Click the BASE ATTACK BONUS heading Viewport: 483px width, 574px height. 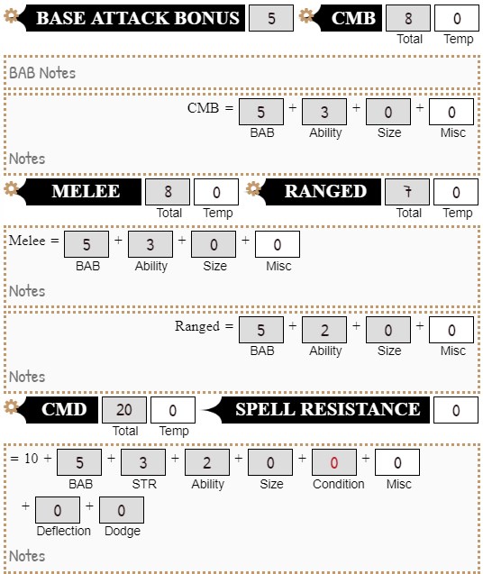click(x=138, y=18)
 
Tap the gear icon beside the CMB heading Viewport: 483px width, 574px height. click(x=307, y=16)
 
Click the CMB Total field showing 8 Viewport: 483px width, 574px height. click(x=408, y=18)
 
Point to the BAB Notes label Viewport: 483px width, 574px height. click(x=42, y=73)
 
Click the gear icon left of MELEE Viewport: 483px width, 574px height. click(x=12, y=189)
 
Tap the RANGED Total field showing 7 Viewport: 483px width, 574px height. click(x=407, y=192)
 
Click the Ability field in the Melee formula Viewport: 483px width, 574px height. click(x=150, y=245)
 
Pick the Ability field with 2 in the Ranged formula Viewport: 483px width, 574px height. click(x=324, y=330)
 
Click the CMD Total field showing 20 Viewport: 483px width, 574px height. click(x=124, y=410)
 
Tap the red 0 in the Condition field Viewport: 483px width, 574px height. click(x=334, y=463)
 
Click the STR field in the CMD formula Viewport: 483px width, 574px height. click(x=143, y=463)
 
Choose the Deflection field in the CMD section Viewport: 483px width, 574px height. click(x=58, y=510)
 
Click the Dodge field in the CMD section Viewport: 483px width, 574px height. click(x=122, y=510)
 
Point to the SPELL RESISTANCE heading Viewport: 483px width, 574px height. click(x=327, y=410)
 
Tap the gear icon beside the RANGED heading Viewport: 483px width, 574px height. click(x=253, y=189)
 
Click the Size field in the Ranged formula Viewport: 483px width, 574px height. click(x=388, y=330)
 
